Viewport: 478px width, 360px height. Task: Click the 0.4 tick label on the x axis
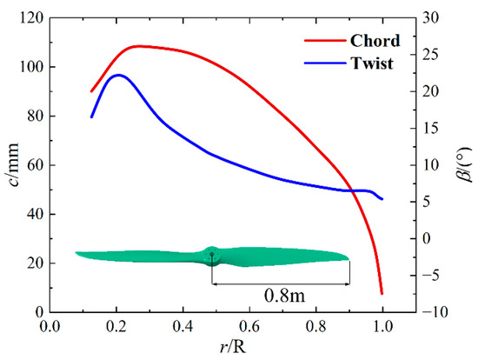183,328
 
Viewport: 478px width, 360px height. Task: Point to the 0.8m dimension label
282,295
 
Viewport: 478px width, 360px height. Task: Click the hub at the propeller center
212,254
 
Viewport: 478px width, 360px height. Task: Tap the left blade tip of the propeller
77,253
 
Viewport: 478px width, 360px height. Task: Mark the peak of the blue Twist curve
118,75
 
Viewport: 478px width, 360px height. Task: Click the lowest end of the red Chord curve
382,293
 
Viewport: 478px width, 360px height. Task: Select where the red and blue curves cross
351,190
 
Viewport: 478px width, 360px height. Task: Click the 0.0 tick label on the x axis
50,328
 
